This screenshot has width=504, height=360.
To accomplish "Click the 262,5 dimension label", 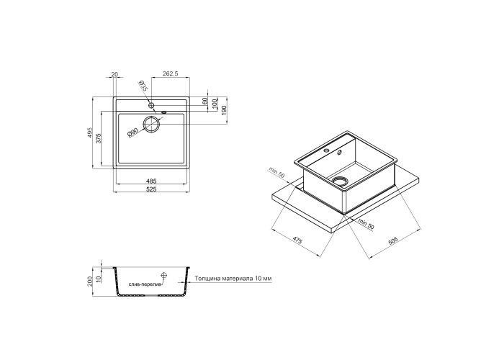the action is tap(171, 74).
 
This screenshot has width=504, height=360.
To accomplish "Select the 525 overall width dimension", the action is tap(151, 189).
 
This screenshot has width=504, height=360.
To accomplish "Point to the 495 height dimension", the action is tap(90, 132).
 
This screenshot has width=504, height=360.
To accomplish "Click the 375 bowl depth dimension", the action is tap(99, 138).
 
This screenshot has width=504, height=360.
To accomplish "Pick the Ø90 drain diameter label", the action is tap(132, 132).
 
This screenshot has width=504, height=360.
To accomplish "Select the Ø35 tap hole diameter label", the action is tap(143, 86).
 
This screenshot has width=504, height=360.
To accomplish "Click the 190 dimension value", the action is tap(224, 110).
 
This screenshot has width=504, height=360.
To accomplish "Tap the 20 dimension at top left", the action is tap(114, 74).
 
